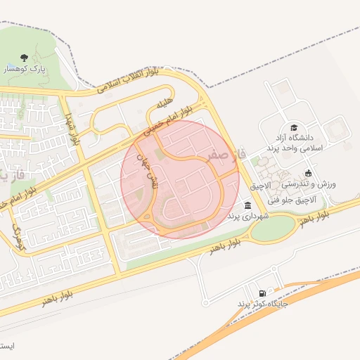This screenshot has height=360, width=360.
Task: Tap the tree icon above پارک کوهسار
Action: [x=25, y=58]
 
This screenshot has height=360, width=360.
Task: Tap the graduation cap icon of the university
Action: [x=293, y=127]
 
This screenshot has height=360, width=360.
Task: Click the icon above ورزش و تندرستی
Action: [x=308, y=173]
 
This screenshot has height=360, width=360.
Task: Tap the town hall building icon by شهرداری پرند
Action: [x=247, y=205]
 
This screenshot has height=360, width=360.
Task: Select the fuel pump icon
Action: [x=262, y=292]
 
